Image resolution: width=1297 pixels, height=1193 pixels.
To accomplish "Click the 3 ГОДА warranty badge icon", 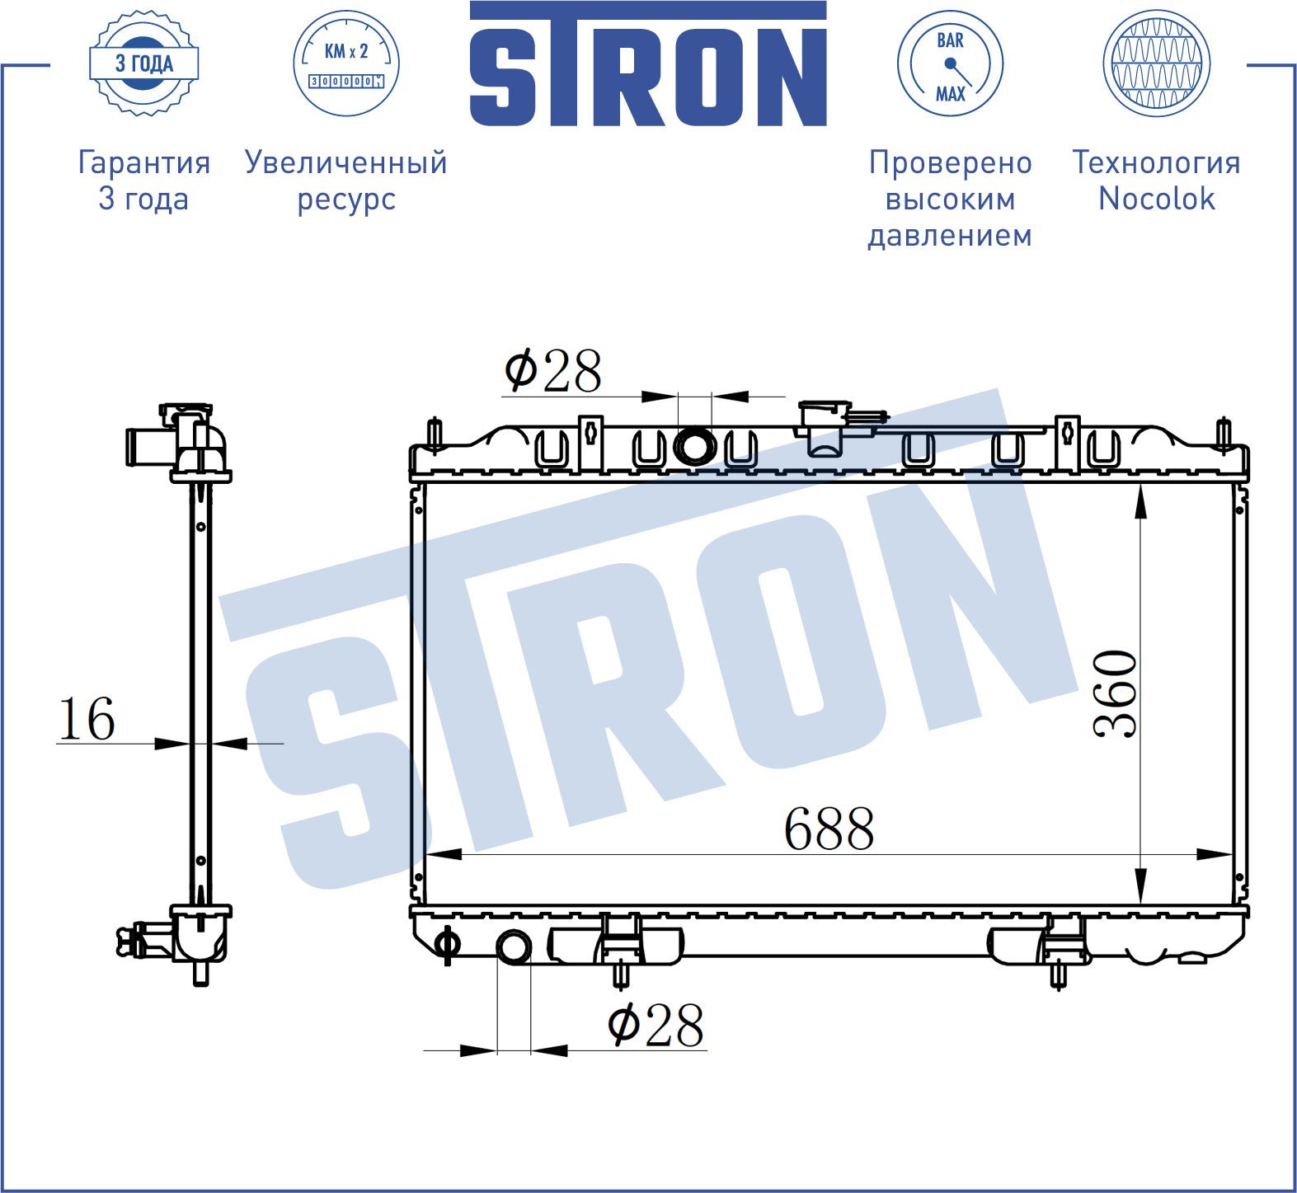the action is coord(143,63).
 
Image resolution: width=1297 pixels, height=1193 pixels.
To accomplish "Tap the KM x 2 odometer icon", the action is coord(346,63).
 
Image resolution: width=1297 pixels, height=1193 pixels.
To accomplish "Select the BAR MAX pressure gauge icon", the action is coord(950,63).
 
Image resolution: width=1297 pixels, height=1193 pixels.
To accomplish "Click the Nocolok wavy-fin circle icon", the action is coord(1156,63).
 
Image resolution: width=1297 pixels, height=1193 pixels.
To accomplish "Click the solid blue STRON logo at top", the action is coord(648,63).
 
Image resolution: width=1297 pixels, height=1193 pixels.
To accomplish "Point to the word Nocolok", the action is coord(1157,199).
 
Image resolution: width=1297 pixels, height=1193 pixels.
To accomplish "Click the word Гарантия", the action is coord(144,163).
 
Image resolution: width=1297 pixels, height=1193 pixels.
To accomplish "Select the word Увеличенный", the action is coord(346,163).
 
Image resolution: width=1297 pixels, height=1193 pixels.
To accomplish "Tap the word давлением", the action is coord(950,236).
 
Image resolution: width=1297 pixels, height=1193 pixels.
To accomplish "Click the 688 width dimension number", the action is coord(829,829).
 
